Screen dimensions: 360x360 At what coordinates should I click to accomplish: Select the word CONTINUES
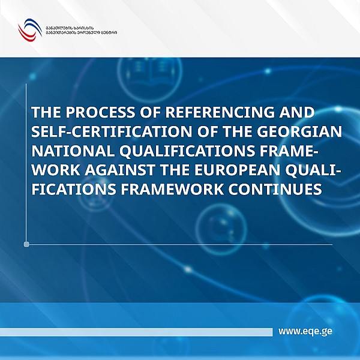tap(281, 189)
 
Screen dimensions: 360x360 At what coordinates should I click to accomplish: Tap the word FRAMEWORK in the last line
tap(183, 189)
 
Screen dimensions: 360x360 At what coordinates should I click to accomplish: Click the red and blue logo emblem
tap(28, 28)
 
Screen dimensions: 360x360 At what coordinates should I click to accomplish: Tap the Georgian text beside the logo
tap(80, 29)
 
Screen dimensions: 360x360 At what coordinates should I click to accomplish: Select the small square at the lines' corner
tap(26, 244)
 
